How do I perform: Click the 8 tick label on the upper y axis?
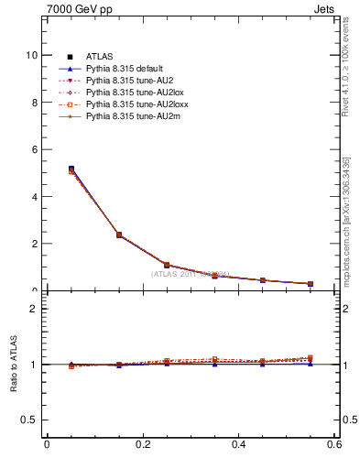(33, 103)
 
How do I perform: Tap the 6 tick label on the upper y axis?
(33, 149)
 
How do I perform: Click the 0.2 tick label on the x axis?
(142, 445)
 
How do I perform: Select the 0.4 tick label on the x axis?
(238, 445)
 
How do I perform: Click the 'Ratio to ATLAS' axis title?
(13, 366)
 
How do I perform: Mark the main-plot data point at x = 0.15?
(119, 235)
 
